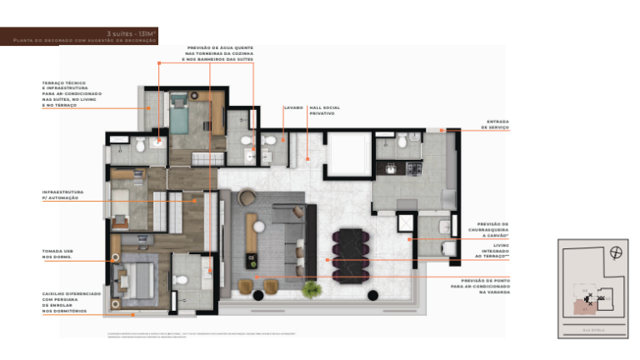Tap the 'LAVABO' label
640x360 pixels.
click(292, 107)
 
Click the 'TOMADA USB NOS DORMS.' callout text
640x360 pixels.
click(57, 253)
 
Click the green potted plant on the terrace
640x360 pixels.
click(312, 288)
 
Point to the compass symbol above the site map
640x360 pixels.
click(615, 252)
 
